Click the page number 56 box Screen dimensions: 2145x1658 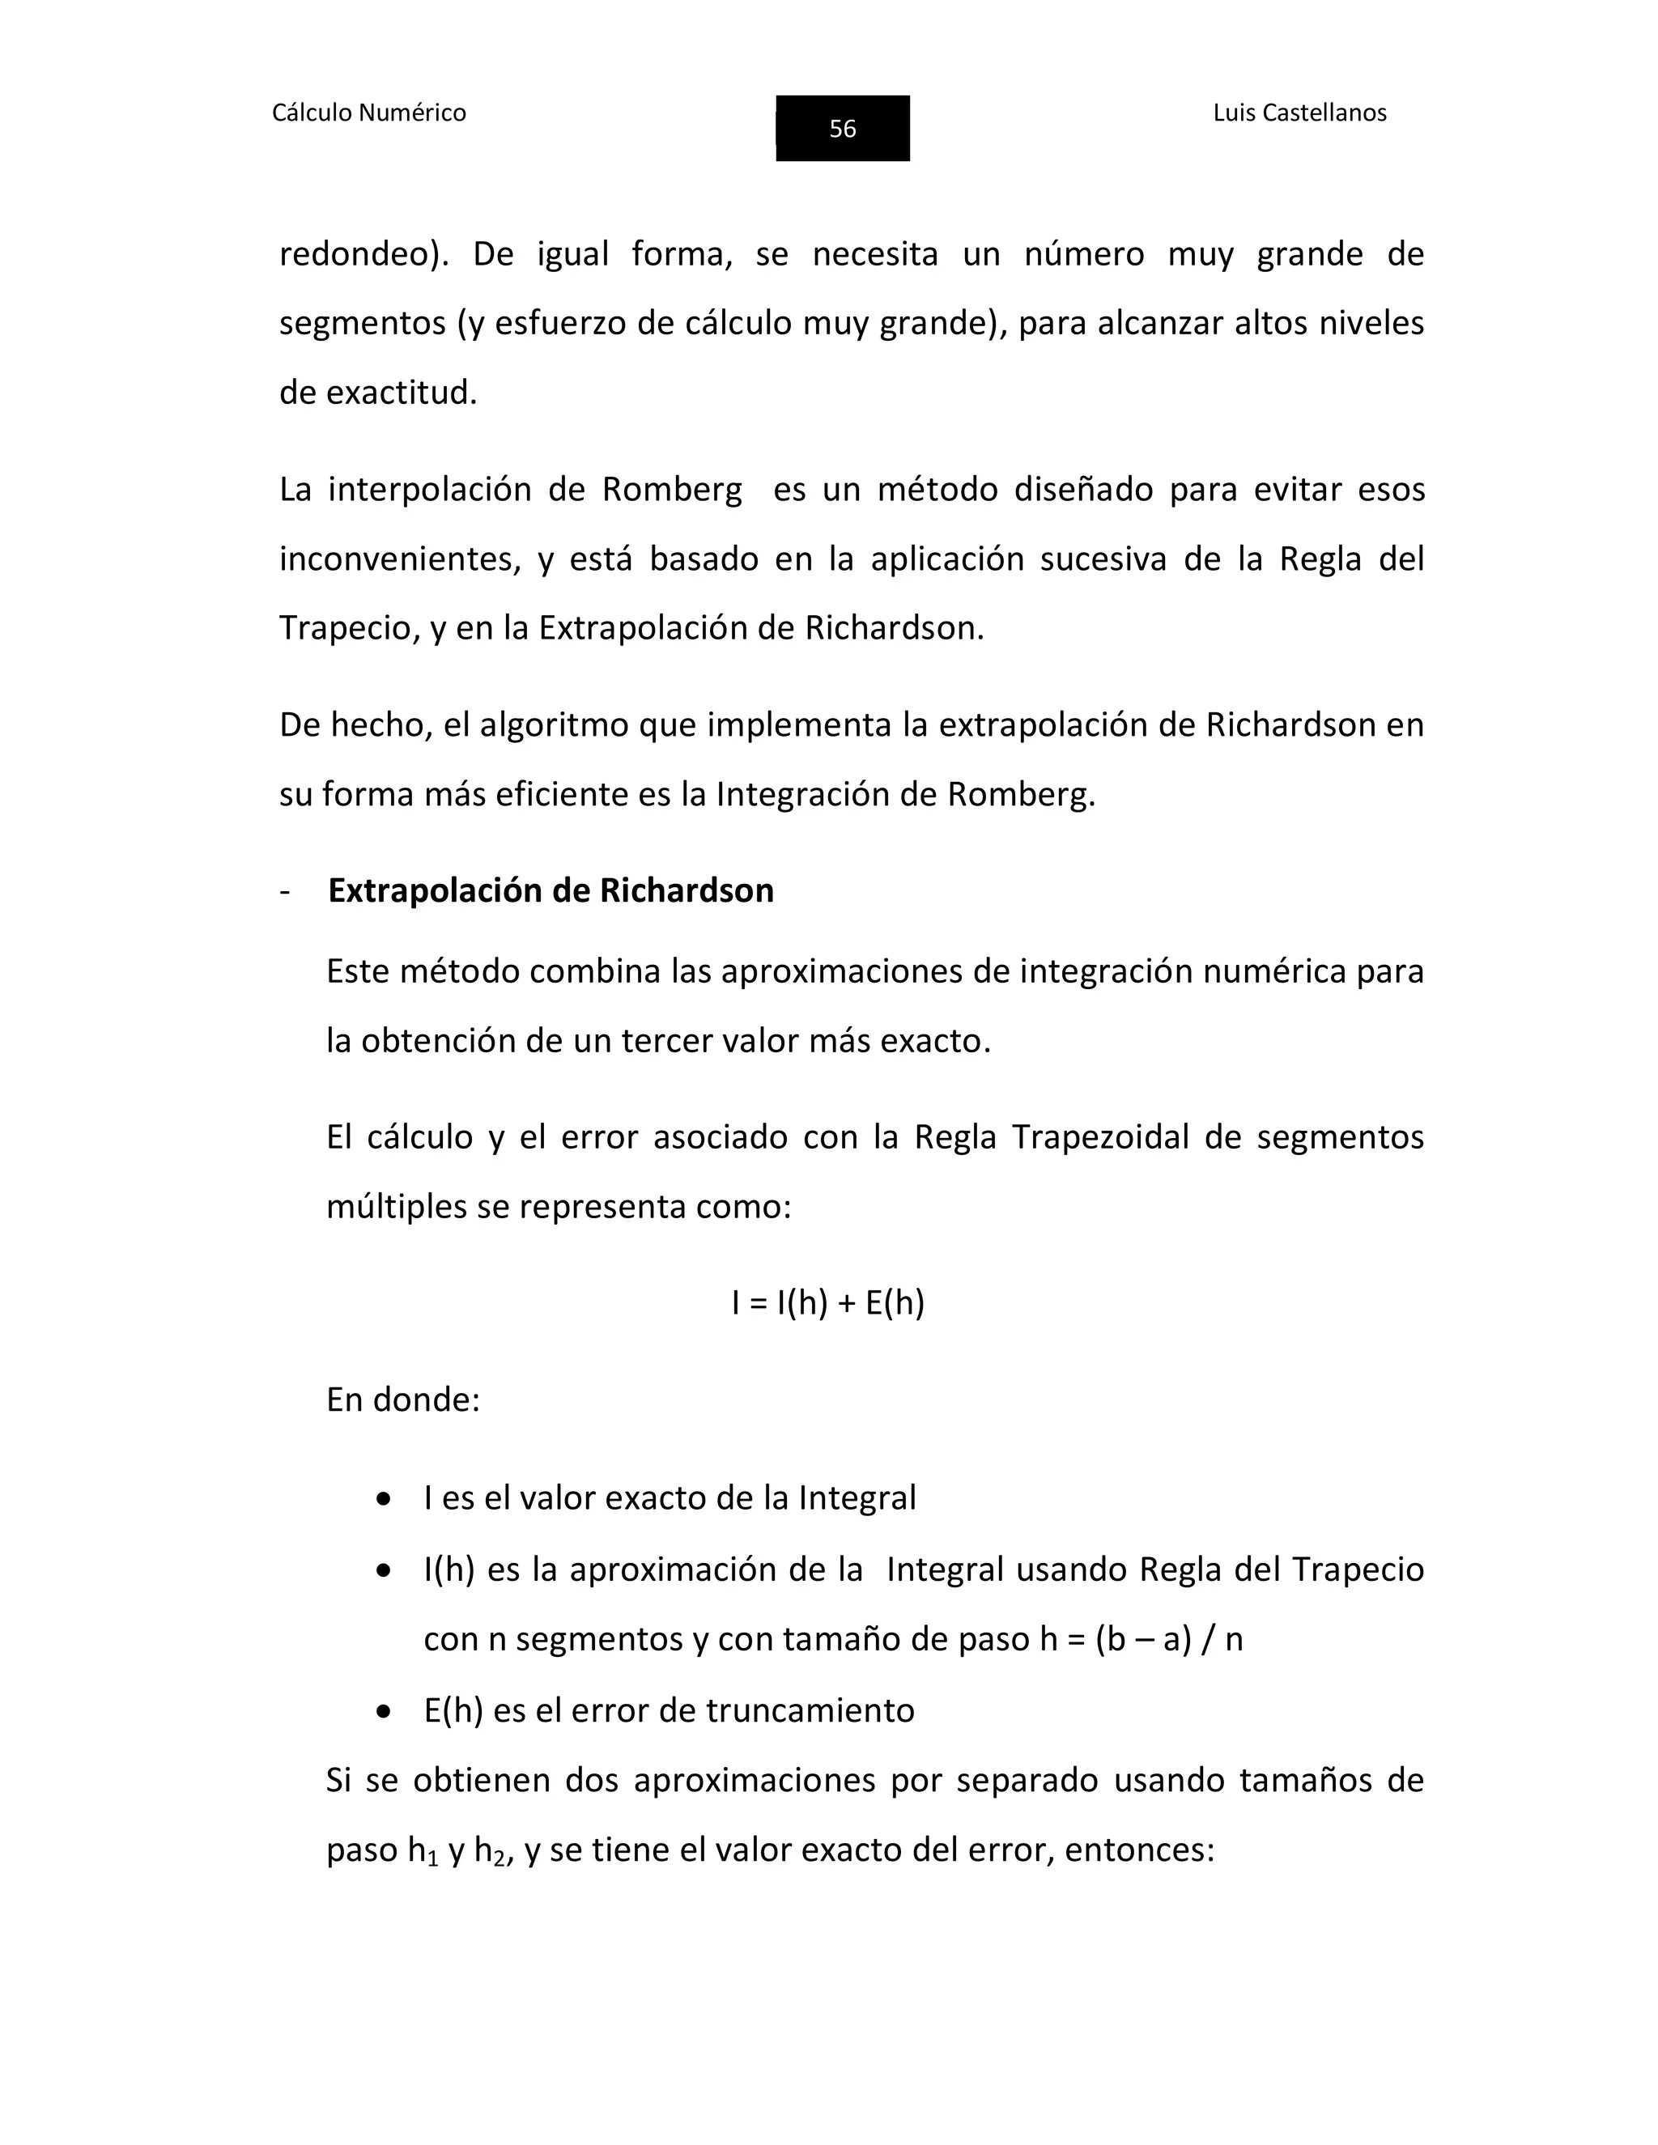[842, 129]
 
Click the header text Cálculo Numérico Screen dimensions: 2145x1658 [368, 113]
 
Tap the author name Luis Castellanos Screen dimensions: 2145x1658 [1299, 113]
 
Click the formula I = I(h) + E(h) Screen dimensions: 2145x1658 [828, 1302]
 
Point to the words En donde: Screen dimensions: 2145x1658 [402, 1399]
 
